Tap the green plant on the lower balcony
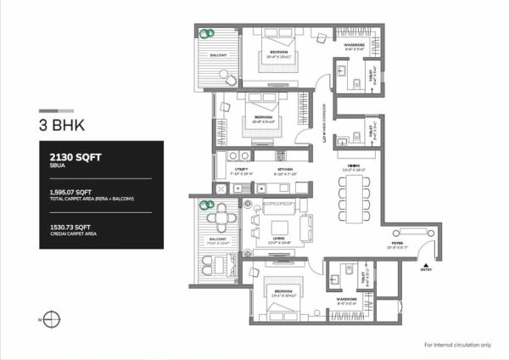(205, 205)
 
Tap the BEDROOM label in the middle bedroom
(263, 117)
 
